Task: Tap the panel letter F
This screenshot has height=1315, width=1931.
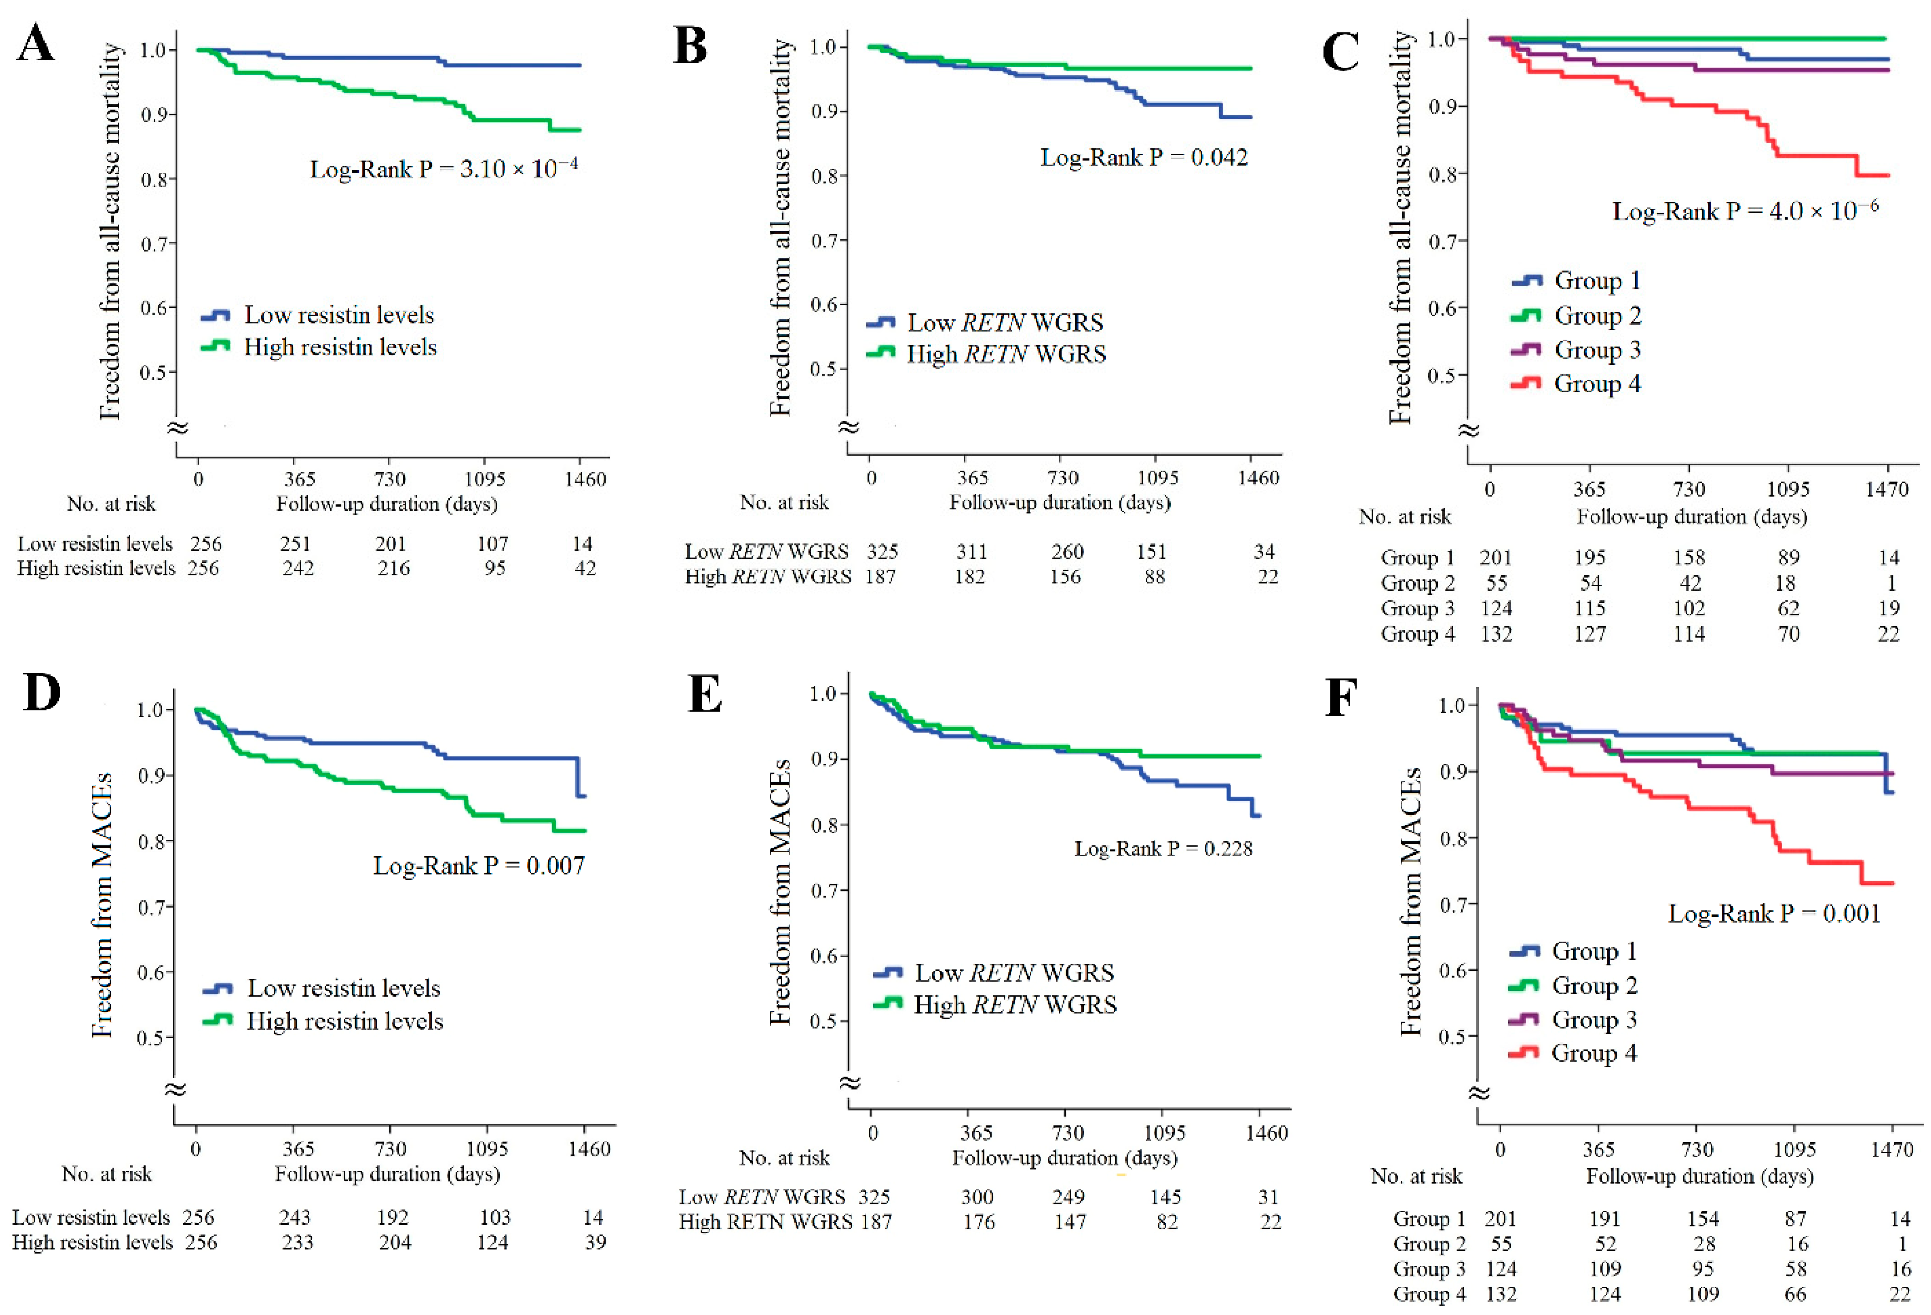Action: click(1340, 698)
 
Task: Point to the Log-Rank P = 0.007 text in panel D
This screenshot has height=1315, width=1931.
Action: click(479, 866)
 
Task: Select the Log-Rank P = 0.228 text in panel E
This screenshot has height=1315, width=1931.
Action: click(1163, 848)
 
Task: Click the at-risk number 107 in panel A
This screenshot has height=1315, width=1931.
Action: click(492, 543)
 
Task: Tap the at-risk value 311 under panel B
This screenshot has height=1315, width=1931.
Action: click(971, 552)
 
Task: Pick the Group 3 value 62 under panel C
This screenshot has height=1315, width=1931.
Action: click(1788, 608)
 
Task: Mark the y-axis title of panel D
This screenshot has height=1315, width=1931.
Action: click(101, 905)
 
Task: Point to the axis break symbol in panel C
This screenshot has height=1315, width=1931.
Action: click(1469, 430)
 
